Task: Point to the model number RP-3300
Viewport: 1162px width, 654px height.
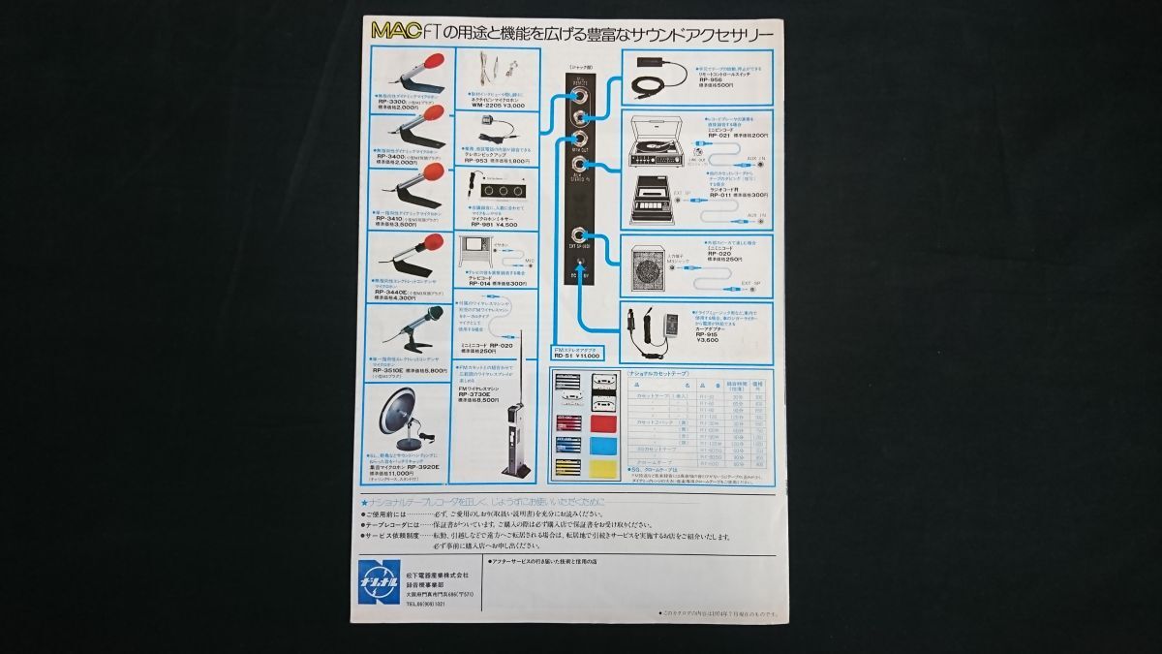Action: (391, 101)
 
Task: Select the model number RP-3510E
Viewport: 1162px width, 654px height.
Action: (391, 370)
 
